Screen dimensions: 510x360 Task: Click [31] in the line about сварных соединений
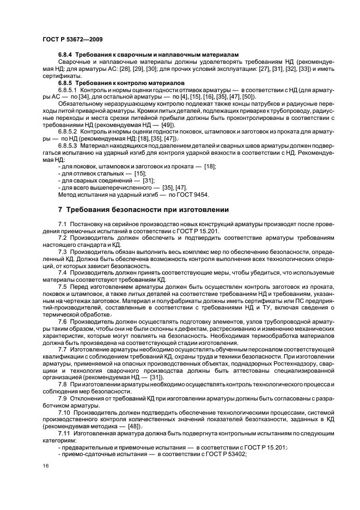tap(148, 180)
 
